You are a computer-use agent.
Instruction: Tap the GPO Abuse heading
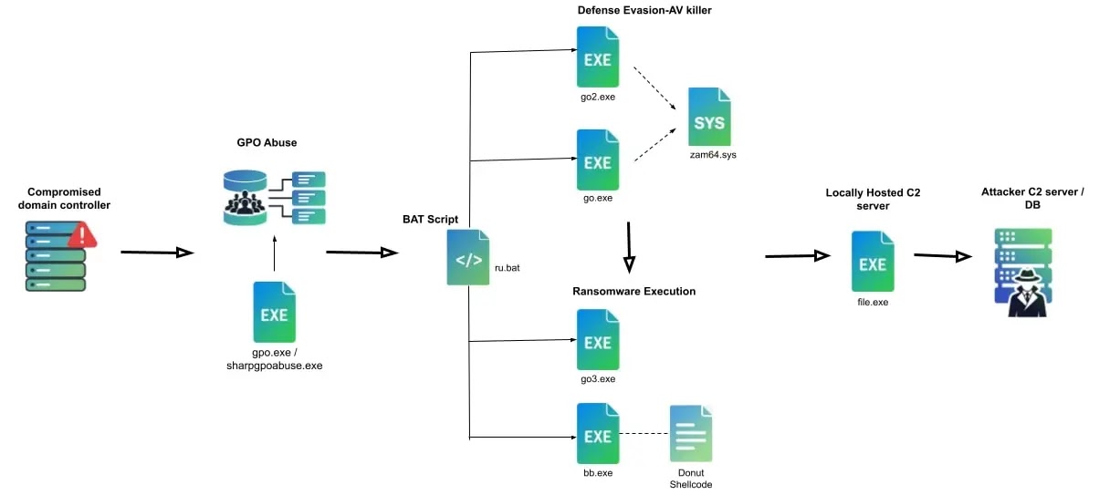pyautogui.click(x=267, y=143)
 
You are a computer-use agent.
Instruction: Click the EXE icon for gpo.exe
pyautogui.click(x=274, y=312)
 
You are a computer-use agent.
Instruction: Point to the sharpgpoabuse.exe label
pyautogui.click(x=275, y=366)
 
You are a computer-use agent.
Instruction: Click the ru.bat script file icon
pyautogui.click(x=468, y=258)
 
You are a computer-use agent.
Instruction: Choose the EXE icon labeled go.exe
pyautogui.click(x=597, y=160)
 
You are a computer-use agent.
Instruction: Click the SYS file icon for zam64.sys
pyautogui.click(x=709, y=116)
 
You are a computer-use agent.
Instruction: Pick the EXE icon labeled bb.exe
pyautogui.click(x=597, y=434)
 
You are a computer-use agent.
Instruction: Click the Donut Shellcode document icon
pyautogui.click(x=691, y=434)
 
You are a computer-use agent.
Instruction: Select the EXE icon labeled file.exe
pyautogui.click(x=873, y=262)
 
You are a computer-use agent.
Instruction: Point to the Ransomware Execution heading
pyautogui.click(x=633, y=292)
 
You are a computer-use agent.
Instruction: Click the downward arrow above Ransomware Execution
pyautogui.click(x=630, y=246)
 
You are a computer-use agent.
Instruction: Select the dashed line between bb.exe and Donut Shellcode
pyautogui.click(x=644, y=434)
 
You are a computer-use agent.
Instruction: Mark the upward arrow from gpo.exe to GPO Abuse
pyautogui.click(x=274, y=255)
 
